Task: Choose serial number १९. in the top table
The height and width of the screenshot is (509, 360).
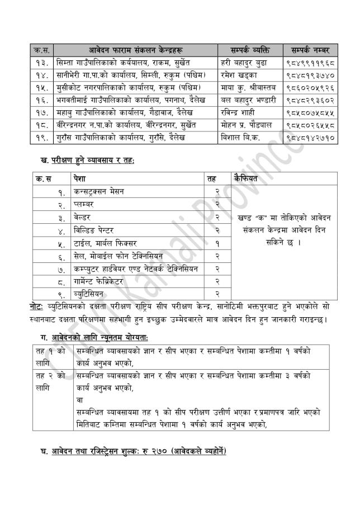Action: (x=41, y=137)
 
